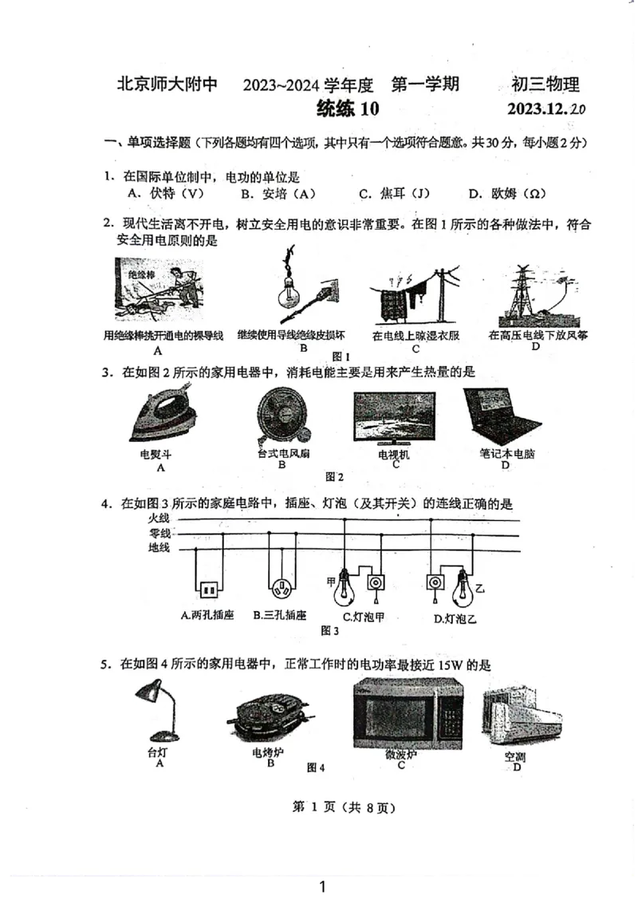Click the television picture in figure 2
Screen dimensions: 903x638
coord(395,418)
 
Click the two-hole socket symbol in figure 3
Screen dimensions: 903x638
coord(208,590)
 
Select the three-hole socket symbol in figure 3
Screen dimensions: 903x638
coord(281,590)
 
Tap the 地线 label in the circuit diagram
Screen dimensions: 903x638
coord(159,548)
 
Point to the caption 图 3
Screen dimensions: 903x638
coord(329,630)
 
